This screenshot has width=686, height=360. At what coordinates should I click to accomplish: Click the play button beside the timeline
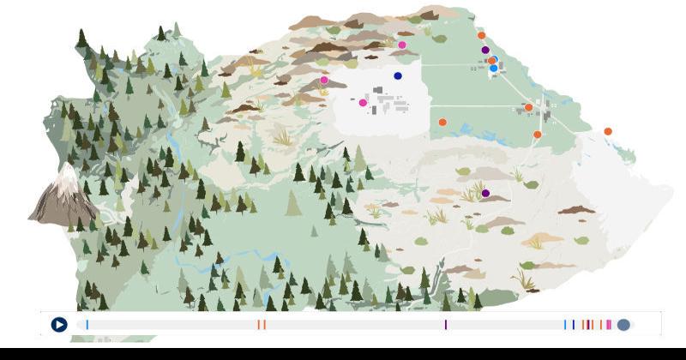click(58, 325)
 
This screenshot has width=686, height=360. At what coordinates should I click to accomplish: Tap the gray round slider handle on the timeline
click(623, 325)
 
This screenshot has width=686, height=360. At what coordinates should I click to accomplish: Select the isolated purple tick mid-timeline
click(446, 325)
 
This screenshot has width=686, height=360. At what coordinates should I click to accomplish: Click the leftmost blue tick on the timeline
click(87, 325)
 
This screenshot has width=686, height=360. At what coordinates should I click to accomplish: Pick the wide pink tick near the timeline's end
click(609, 325)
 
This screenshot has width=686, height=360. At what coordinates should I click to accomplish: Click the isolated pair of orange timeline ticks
click(262, 325)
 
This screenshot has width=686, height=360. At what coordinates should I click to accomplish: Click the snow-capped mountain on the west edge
click(64, 197)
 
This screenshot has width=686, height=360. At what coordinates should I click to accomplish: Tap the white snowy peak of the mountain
click(67, 176)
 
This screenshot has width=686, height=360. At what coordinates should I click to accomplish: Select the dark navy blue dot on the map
click(398, 76)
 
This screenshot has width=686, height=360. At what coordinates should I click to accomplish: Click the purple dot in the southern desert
click(485, 194)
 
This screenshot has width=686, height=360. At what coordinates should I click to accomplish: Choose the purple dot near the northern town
click(485, 51)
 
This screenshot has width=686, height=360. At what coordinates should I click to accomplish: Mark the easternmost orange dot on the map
click(608, 131)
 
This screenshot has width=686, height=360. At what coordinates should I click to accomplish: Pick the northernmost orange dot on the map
click(481, 35)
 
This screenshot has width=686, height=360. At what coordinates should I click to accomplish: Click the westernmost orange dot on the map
click(442, 122)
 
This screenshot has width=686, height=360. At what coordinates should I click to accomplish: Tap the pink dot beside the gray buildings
click(363, 103)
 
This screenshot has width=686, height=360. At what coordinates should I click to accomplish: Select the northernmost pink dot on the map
click(402, 45)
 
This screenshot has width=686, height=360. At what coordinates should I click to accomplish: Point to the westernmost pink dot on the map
click(324, 80)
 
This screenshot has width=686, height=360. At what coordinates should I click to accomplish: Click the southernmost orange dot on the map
click(538, 135)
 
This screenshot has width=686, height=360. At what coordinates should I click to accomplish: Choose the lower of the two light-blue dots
click(493, 68)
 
